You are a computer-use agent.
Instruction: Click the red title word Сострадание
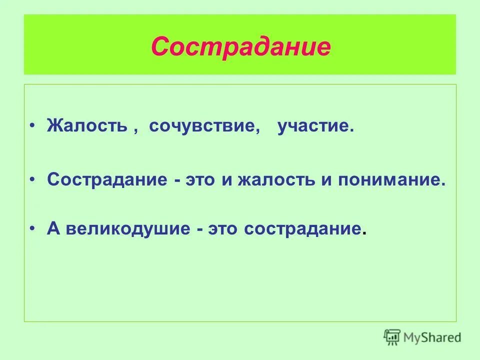point(240,47)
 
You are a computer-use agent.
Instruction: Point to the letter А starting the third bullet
point(53,229)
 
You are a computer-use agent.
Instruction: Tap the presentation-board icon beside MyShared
point(392,336)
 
